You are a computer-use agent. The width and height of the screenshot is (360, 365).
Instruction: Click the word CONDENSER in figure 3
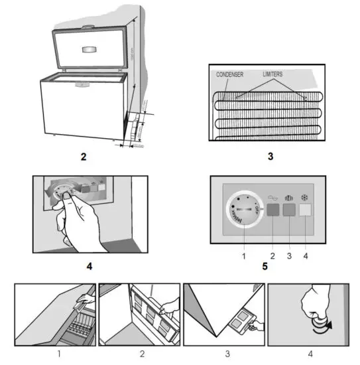tap(231, 75)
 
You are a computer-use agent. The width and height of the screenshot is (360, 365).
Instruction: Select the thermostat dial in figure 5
tap(245, 212)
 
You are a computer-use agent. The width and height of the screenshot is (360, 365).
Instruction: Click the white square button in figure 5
tap(306, 211)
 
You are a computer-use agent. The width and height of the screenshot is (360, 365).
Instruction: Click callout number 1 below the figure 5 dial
tap(245, 254)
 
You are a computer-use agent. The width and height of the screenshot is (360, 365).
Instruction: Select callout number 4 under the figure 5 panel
tap(306, 254)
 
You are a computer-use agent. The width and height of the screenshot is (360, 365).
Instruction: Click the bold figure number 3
tap(270, 158)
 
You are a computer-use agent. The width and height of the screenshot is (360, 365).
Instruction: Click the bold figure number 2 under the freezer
tap(84, 158)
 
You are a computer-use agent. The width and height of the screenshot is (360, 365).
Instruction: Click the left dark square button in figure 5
tap(272, 211)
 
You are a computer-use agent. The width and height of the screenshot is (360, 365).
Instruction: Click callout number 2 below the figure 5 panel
tap(272, 254)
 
